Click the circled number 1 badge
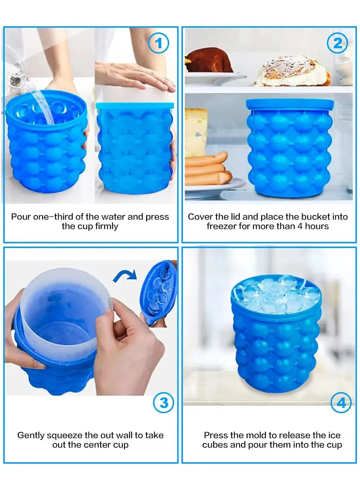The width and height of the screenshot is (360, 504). [x=158, y=44]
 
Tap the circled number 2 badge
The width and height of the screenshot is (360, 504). [x=337, y=44]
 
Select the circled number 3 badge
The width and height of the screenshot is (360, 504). [x=163, y=402]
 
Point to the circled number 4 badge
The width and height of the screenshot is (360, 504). [x=341, y=402]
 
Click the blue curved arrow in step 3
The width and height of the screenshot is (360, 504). [x=125, y=275]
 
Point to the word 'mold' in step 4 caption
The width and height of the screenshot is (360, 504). [x=255, y=435]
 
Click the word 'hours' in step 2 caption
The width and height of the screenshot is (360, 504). [x=317, y=226]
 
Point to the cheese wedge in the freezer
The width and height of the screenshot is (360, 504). [x=196, y=131]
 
